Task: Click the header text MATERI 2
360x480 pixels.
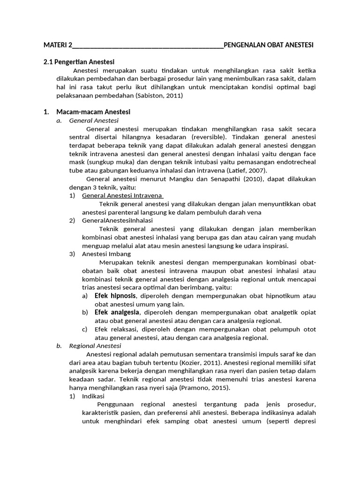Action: (58, 45)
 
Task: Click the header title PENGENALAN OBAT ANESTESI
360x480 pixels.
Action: (269, 45)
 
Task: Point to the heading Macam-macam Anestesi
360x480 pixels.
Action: (93, 112)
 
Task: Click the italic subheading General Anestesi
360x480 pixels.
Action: (90, 120)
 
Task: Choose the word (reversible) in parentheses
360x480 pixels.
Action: (209, 137)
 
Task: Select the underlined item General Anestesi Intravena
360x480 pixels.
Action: (122, 195)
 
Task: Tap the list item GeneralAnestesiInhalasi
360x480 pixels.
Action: (117, 220)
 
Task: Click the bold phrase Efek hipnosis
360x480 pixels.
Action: (115, 296)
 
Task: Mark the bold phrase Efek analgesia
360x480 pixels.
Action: (117, 312)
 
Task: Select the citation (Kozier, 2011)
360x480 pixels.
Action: (202, 363)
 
